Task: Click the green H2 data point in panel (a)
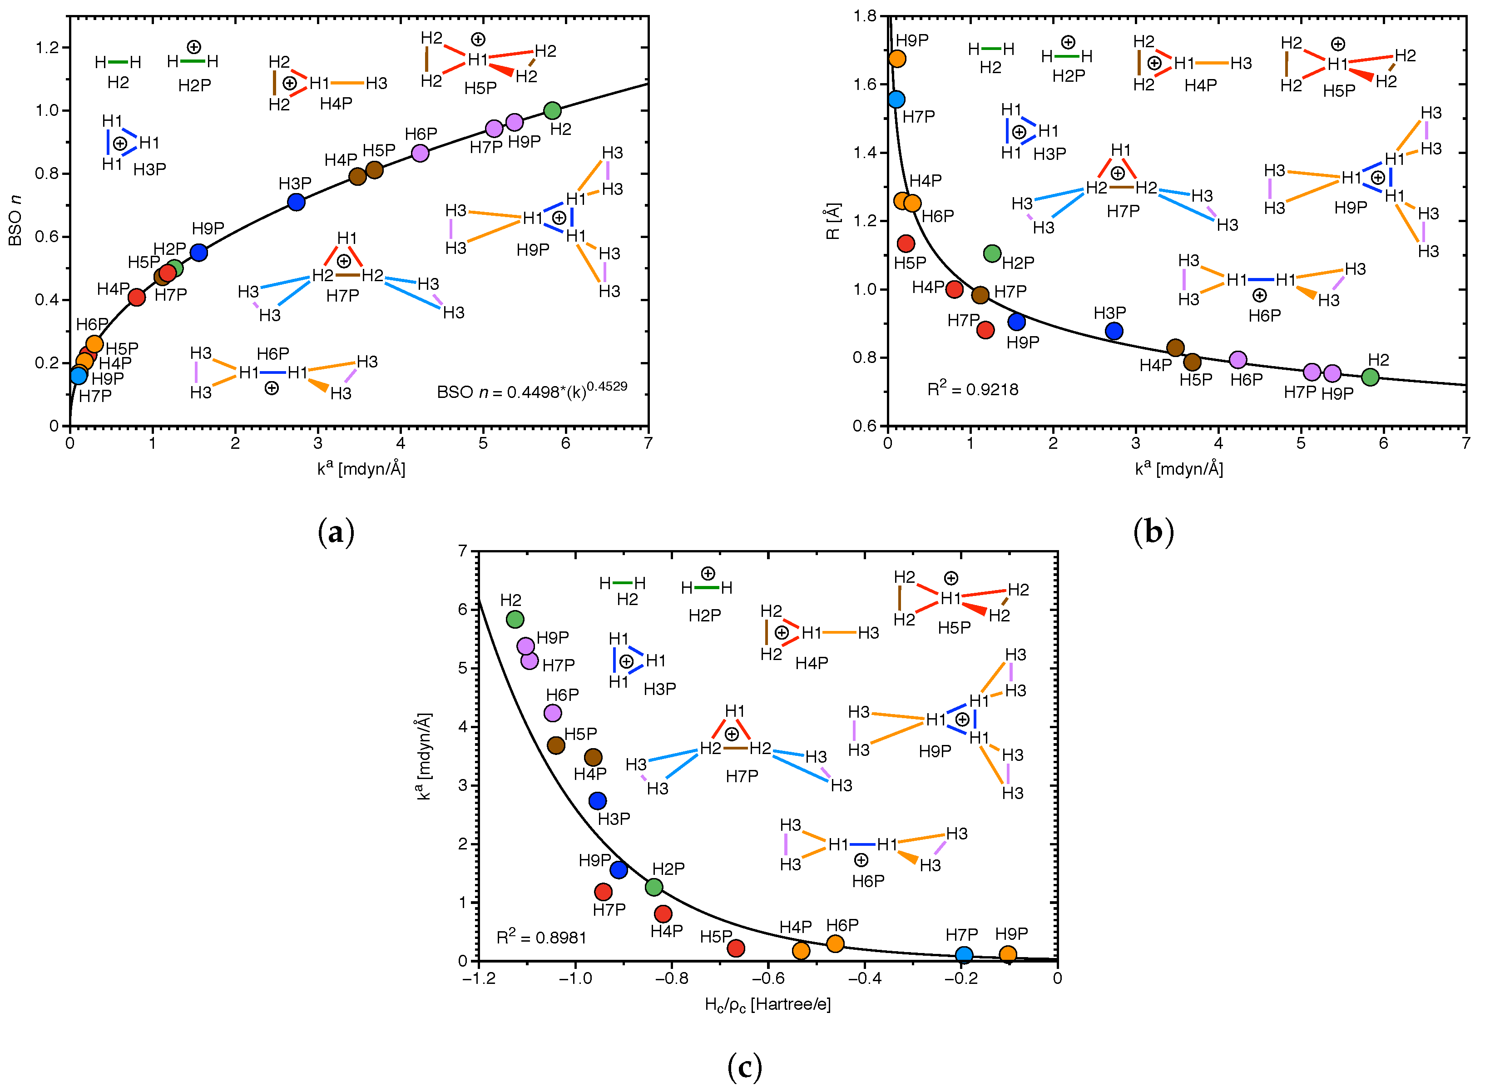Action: pyautogui.click(x=553, y=110)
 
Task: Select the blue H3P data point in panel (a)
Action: pyautogui.click(x=297, y=202)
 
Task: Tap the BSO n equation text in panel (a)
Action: pyautogui.click(x=532, y=391)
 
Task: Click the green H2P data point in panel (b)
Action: pyautogui.click(x=992, y=253)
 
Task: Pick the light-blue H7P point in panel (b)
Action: pyautogui.click(x=896, y=99)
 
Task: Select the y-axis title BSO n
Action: pyautogui.click(x=15, y=220)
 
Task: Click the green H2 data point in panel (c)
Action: pyautogui.click(x=515, y=620)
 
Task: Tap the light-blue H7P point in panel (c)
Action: pyautogui.click(x=964, y=954)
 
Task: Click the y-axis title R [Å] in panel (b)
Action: pyautogui.click(x=833, y=221)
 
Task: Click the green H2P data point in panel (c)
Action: pyautogui.click(x=653, y=886)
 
